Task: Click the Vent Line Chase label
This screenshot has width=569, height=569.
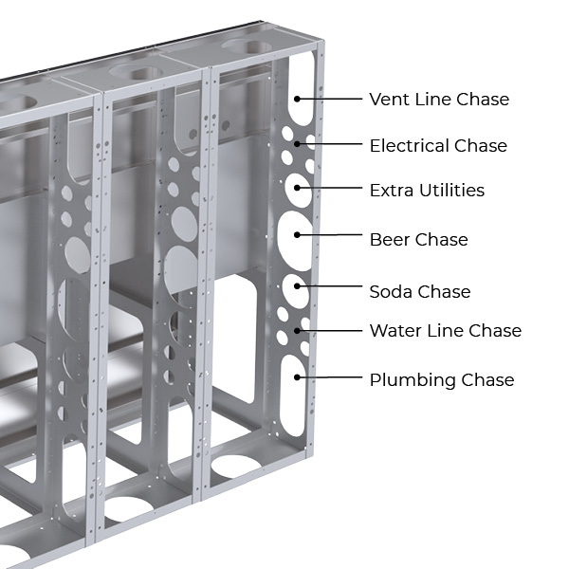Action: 439,100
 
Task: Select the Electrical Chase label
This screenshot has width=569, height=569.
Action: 438,146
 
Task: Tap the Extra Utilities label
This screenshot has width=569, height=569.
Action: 427,191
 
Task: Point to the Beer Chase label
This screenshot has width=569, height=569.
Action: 418,240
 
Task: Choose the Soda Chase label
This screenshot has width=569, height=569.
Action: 420,292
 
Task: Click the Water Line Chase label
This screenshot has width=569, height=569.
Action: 445,331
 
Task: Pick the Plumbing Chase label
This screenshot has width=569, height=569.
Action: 441,380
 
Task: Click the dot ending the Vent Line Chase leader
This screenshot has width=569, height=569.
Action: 298,98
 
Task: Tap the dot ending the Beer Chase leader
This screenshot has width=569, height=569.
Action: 298,234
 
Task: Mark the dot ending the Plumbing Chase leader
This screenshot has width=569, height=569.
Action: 298,377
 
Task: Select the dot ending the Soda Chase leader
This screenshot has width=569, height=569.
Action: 298,284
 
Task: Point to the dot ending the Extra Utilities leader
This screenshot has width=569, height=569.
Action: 298,188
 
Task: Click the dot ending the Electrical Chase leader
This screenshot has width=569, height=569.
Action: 298,144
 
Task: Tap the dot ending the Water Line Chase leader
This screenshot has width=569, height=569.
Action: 298,330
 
